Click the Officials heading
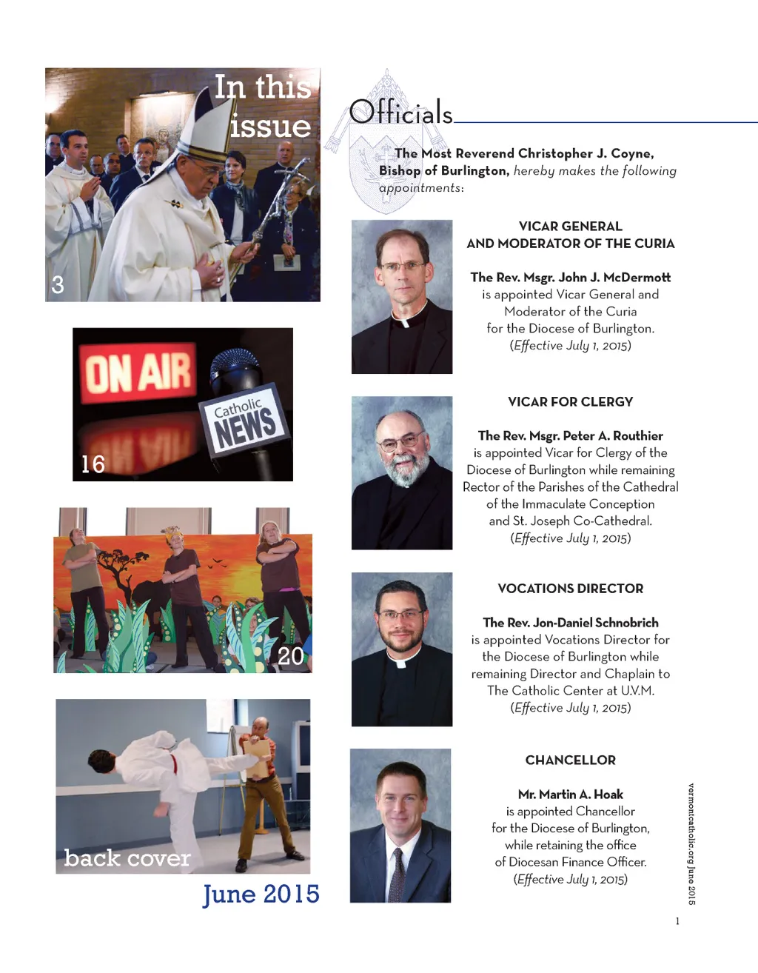pos(400,113)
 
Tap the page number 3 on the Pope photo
pos(58,285)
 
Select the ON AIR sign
pos(138,372)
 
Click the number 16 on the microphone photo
pos(93,464)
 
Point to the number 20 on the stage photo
pos(290,656)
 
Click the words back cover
pos(127,858)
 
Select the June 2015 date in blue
pos(261,895)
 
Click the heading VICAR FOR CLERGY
pos(570,402)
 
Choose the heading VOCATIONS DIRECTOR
pos(570,589)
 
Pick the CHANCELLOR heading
pos(570,760)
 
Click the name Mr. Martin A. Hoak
pos(570,795)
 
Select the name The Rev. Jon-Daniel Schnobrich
pos(570,623)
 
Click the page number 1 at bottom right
pos(677,921)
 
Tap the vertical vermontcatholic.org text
pos(691,843)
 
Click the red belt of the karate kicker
pos(175,763)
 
